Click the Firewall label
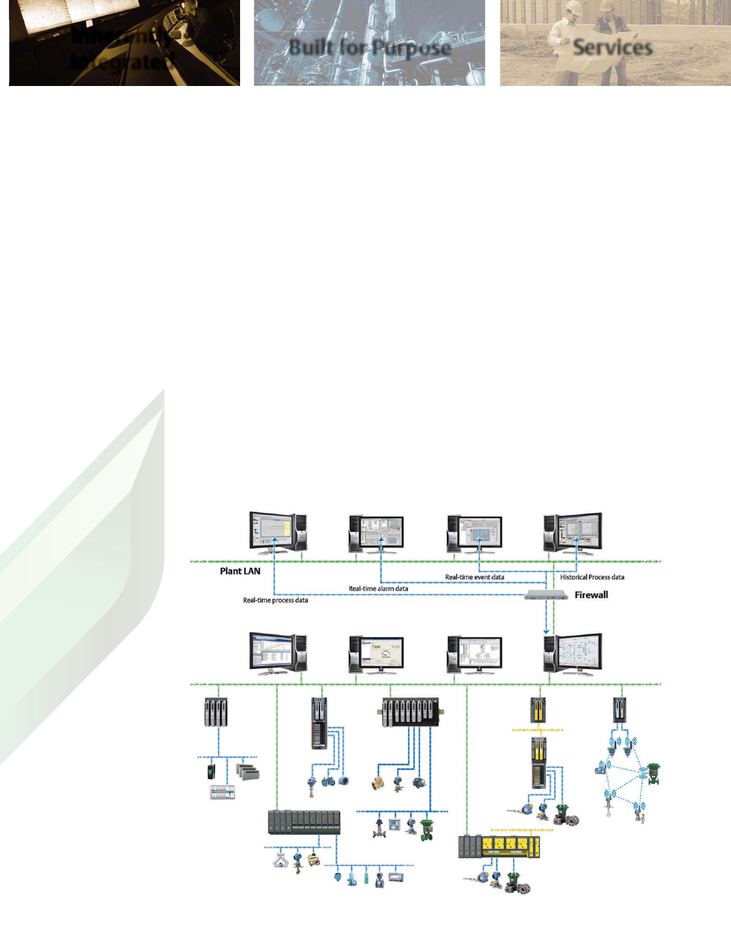pyautogui.click(x=591, y=595)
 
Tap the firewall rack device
pyautogui.click(x=546, y=595)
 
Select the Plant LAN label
pyautogui.click(x=240, y=571)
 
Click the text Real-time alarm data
pyautogui.click(x=379, y=589)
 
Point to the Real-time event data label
pyautogui.click(x=475, y=578)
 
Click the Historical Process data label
pyautogui.click(x=592, y=578)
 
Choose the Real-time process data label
pyautogui.click(x=275, y=600)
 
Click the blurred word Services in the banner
pyautogui.click(x=612, y=48)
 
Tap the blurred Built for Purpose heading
pyautogui.click(x=370, y=47)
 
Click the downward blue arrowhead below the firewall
pyautogui.click(x=546, y=631)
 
